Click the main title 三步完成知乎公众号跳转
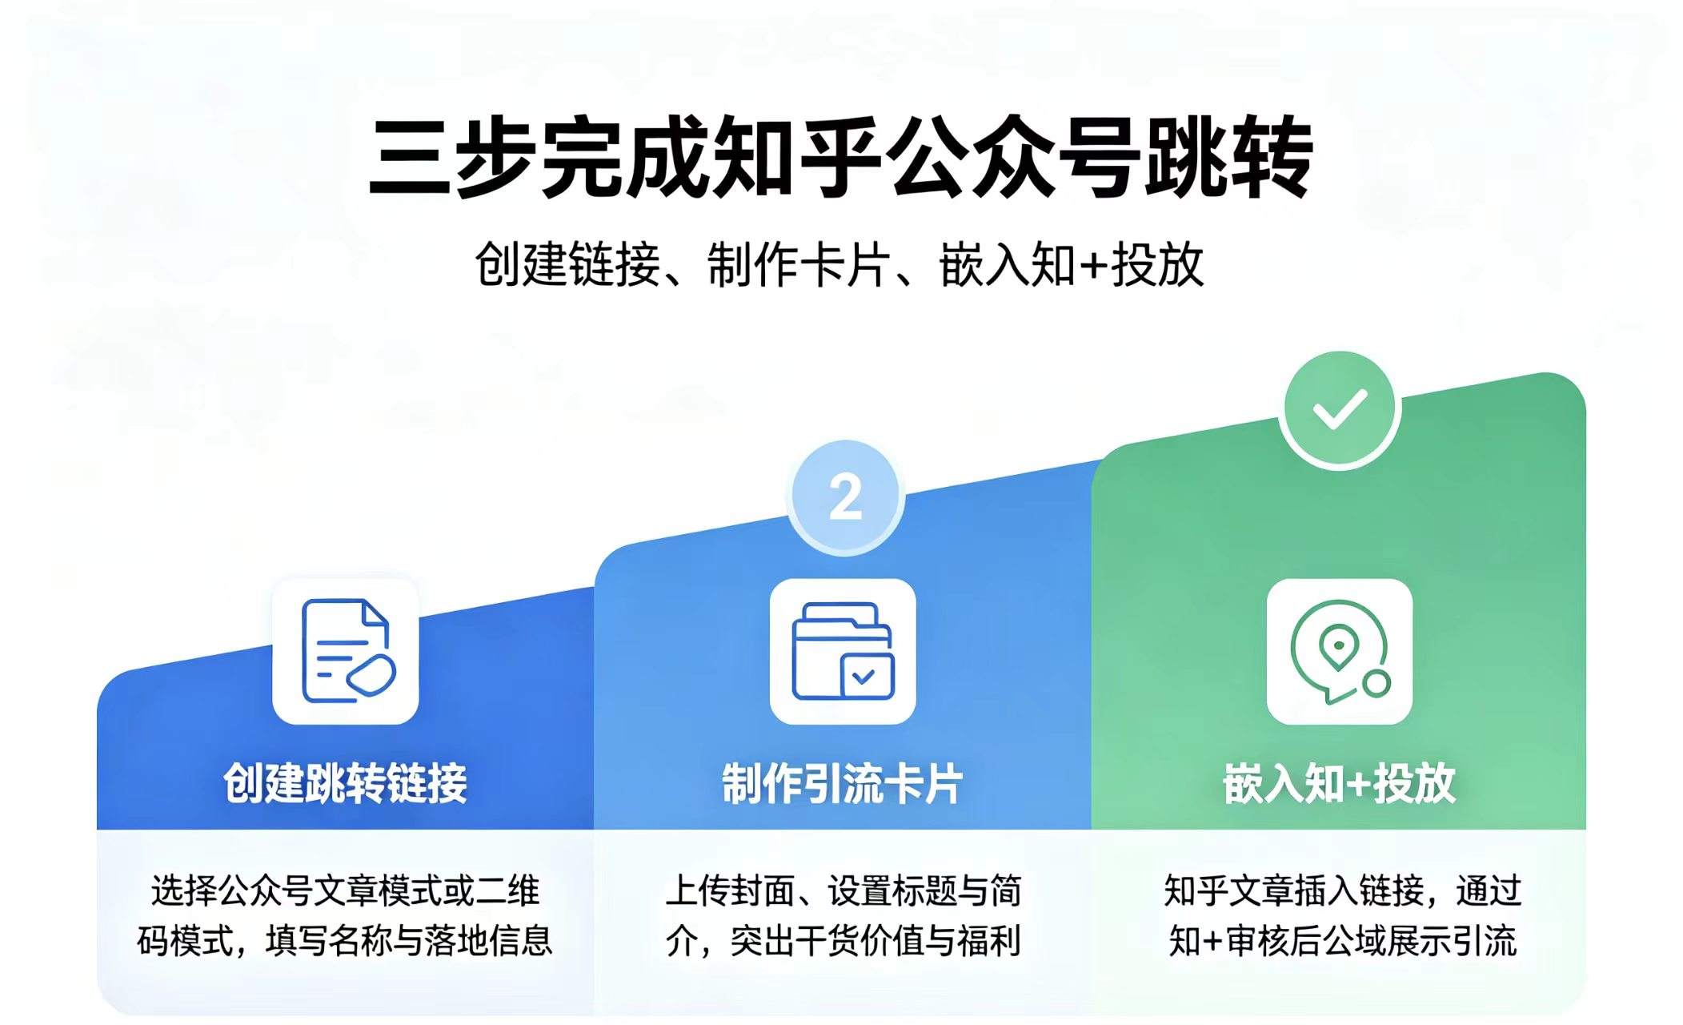(840, 158)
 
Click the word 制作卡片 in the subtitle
(798, 264)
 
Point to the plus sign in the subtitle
(1092, 266)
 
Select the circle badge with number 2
(845, 497)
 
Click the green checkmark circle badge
(1339, 409)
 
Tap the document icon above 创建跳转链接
(347, 651)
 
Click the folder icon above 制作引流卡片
(843, 651)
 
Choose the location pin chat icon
(1340, 651)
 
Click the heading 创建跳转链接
(346, 783)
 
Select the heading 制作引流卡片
(843, 783)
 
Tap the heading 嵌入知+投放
(1339, 783)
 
